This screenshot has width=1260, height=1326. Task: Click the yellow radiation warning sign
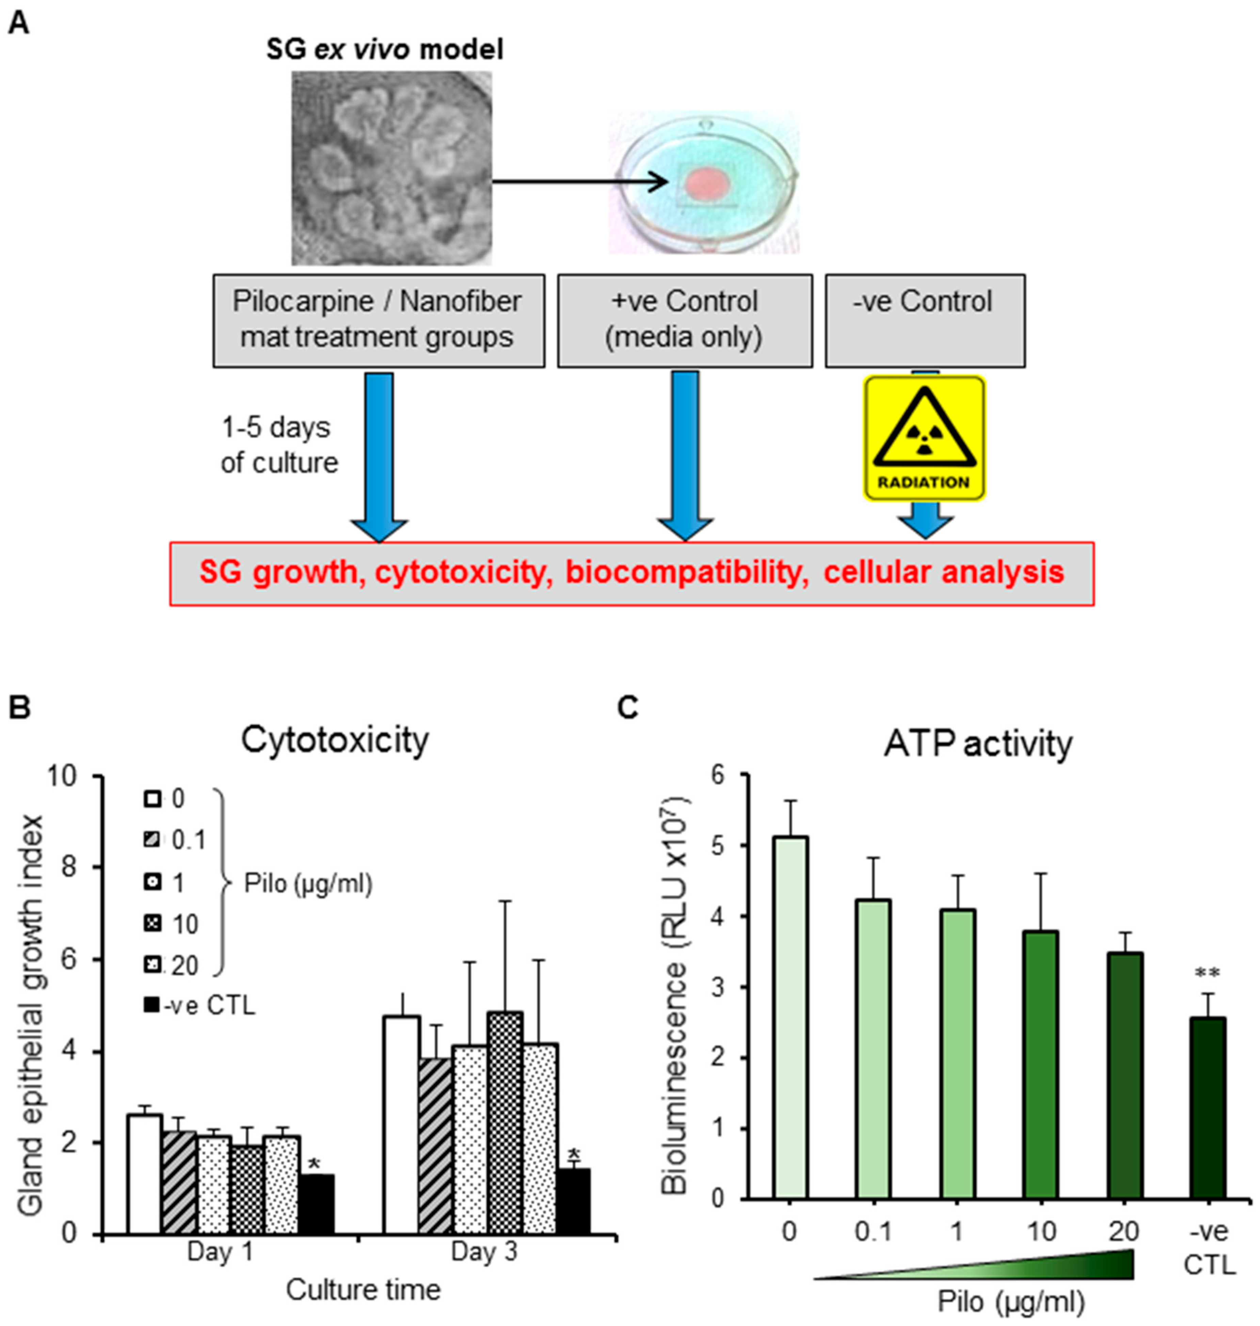coord(924,438)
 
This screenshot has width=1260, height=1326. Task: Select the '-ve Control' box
coord(924,320)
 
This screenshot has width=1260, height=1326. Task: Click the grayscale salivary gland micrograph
coord(391,168)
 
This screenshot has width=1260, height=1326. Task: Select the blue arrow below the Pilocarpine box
coord(380,457)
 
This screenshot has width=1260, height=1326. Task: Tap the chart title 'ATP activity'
coord(977,744)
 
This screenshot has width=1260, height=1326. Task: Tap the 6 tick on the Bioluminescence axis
coord(720,774)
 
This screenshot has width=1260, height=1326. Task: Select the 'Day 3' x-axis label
coord(483,1251)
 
